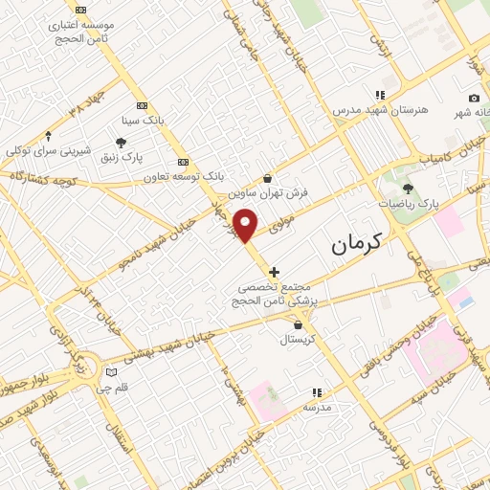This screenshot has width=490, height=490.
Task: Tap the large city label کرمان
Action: coord(356,244)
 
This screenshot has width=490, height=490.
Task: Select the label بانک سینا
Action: coord(143,122)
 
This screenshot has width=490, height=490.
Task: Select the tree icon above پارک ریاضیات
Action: coord(409,189)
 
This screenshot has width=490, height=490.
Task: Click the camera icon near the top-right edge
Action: coord(474,98)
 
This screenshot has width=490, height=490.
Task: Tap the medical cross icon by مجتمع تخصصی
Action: coord(275,272)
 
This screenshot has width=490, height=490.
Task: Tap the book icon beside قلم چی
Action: coord(112,371)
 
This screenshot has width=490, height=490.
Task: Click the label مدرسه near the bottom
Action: coord(317,408)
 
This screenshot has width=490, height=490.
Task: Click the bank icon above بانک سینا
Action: coord(143,105)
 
